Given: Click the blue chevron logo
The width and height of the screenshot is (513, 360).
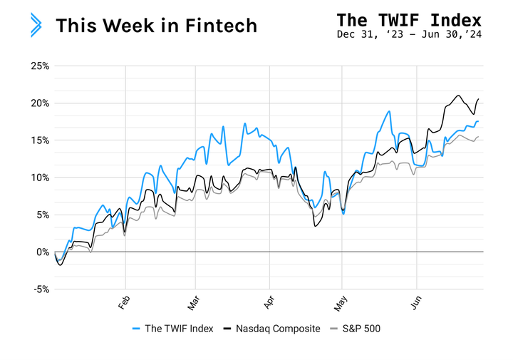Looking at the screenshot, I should pyautogui.click(x=36, y=25).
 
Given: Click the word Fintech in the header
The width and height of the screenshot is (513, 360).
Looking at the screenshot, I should pyautogui.click(x=222, y=26).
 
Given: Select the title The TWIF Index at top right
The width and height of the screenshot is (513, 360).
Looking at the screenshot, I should pyautogui.click(x=409, y=19).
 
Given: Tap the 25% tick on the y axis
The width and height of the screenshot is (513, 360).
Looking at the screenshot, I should pyautogui.click(x=39, y=66).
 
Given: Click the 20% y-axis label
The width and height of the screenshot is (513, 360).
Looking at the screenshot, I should pyautogui.click(x=39, y=103).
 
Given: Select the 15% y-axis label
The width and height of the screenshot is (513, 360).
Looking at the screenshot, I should pyautogui.click(x=39, y=140).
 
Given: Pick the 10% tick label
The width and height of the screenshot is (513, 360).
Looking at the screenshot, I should pyautogui.click(x=39, y=178).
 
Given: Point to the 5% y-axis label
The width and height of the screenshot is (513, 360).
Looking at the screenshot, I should pyautogui.click(x=41, y=215).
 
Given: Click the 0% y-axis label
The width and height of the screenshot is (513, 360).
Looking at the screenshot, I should pyautogui.click(x=41, y=252).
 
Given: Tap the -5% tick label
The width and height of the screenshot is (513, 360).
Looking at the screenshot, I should pyautogui.click(x=41, y=289).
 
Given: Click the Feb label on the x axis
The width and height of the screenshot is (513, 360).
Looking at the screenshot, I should pyautogui.click(x=123, y=302).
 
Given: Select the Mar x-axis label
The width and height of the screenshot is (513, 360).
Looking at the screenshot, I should pyautogui.click(x=193, y=302).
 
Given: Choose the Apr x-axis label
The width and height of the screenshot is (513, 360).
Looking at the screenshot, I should pyautogui.click(x=269, y=302).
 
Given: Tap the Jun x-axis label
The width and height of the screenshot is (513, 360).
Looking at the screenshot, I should pyautogui.click(x=415, y=302).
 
